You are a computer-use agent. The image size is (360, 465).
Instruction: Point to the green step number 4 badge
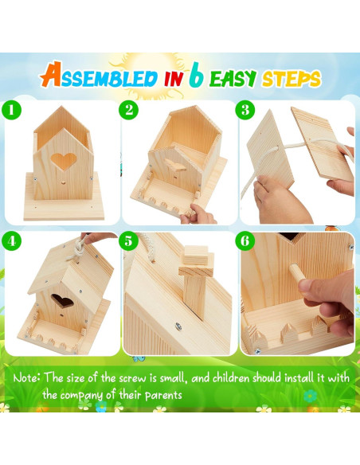click(x=13, y=240)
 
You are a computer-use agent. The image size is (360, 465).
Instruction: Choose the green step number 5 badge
click(x=131, y=240)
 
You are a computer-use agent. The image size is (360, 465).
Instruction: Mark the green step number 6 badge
click(x=247, y=240)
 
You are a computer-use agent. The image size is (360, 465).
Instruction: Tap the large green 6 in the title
click(x=197, y=76)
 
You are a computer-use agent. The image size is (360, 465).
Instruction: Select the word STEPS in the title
click(x=291, y=79)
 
